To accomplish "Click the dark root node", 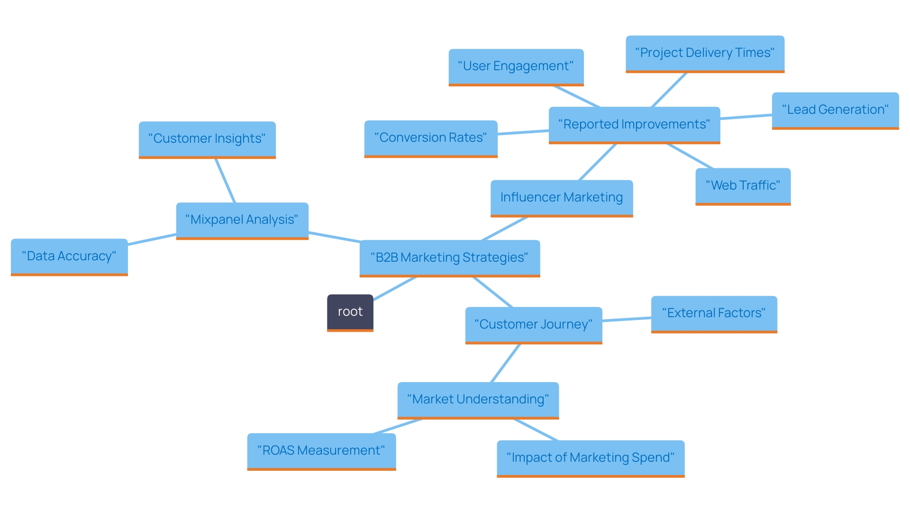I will [x=350, y=312].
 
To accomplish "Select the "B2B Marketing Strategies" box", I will [x=449, y=257].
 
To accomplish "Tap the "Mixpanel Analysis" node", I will [x=242, y=220].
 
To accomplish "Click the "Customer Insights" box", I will [x=207, y=139].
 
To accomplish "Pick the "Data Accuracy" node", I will [x=69, y=256].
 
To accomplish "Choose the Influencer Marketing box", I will [x=561, y=198].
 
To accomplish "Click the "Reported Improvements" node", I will [x=634, y=125].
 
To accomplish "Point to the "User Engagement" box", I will [x=516, y=66].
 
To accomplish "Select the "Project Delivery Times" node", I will [x=704, y=53].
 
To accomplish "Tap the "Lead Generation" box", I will [x=835, y=110].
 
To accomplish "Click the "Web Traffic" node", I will [x=742, y=186].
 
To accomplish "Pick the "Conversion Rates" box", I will [x=430, y=138].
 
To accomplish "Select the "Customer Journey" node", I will [x=533, y=325].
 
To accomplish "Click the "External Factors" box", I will [x=713, y=313].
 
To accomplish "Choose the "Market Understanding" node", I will [x=478, y=400].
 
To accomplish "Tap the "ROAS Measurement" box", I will [x=321, y=451].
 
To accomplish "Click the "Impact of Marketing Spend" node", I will [x=590, y=458].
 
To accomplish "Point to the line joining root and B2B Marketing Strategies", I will [x=394, y=289].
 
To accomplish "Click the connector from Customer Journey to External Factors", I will [x=627, y=320].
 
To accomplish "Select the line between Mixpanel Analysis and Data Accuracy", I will [x=152, y=239].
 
